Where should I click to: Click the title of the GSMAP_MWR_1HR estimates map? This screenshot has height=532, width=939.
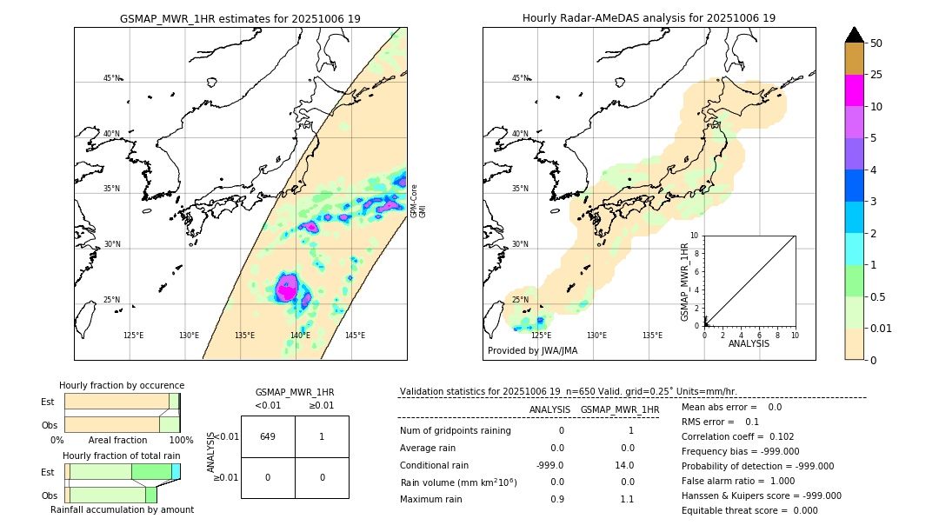(x=240, y=18)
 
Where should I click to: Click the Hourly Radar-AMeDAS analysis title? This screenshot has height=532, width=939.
(x=649, y=18)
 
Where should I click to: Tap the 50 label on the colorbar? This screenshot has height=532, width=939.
(x=876, y=43)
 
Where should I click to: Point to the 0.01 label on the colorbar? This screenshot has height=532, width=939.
(x=882, y=328)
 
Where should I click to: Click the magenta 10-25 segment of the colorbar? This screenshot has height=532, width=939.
(x=854, y=90)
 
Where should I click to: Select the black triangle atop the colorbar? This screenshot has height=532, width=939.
(x=854, y=35)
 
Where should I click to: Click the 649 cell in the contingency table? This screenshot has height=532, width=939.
(x=268, y=436)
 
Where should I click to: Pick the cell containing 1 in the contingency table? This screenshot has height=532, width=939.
(x=322, y=436)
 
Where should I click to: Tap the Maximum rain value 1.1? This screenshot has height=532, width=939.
(x=626, y=499)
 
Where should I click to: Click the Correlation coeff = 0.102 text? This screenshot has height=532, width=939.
(x=739, y=436)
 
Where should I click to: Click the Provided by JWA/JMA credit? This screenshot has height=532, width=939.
(x=532, y=350)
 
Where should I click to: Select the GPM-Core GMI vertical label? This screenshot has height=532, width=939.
(x=417, y=201)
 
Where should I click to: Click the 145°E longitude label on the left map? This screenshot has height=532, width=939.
(x=355, y=336)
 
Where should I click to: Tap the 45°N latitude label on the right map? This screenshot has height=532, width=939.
(x=519, y=78)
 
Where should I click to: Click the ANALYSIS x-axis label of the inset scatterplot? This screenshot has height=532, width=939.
(x=749, y=344)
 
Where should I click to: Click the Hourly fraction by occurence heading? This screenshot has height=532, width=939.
(x=122, y=385)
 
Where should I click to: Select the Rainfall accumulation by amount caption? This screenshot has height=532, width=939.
(x=122, y=509)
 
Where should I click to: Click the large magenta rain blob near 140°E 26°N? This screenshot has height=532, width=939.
(x=287, y=287)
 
